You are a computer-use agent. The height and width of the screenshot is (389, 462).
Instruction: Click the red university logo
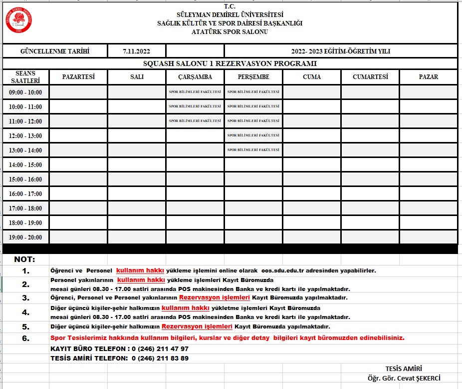[x=19, y=19]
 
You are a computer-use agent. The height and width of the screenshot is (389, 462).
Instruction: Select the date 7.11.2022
[x=136, y=51]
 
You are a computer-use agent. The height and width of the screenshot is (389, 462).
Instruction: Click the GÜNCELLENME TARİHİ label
[x=55, y=51]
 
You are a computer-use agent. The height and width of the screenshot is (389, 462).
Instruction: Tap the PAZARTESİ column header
[x=78, y=77]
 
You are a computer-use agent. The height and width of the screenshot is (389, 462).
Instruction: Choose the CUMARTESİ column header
[x=370, y=77]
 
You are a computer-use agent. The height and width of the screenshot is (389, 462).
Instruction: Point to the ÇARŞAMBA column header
[x=195, y=77]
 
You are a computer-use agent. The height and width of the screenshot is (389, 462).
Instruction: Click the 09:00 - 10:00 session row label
[x=25, y=92]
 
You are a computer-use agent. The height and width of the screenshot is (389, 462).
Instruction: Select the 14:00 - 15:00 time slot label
[x=25, y=165]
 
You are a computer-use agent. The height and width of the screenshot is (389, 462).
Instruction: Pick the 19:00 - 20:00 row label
[x=25, y=237]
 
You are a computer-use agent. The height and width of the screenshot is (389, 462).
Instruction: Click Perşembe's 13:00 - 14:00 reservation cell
[x=253, y=150]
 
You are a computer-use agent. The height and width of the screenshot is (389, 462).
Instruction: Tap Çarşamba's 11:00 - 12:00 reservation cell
[x=195, y=121]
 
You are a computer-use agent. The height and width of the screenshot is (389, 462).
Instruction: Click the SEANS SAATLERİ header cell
[x=25, y=77]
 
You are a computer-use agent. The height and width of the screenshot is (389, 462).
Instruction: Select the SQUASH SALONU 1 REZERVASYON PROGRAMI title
[x=230, y=63]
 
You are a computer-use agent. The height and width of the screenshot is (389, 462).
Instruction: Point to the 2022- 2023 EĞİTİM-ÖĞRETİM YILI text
[x=341, y=51]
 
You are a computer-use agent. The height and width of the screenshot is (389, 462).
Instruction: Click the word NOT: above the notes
[x=24, y=259]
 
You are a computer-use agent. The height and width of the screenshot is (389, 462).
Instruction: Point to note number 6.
[x=25, y=338]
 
